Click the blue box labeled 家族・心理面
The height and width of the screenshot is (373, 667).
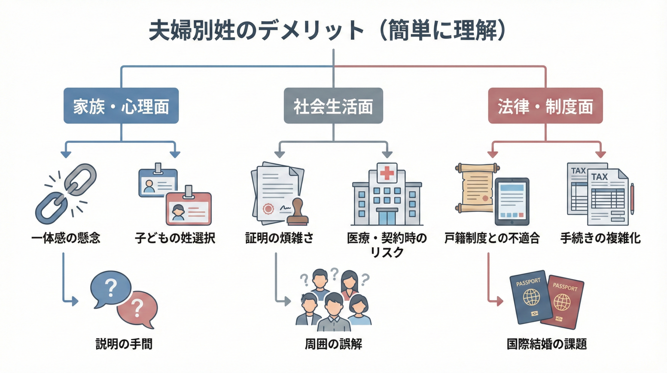point(121,106)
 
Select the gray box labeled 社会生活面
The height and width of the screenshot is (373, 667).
point(333,106)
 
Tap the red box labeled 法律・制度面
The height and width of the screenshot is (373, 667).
point(545,106)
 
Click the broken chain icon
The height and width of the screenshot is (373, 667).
point(66,194)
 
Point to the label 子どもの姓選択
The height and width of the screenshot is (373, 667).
point(175,238)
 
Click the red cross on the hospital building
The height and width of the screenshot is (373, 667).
point(387,173)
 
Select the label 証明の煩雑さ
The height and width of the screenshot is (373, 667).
point(279,238)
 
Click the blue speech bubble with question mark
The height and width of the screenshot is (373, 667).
point(111,288)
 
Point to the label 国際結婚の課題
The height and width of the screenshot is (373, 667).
point(547,344)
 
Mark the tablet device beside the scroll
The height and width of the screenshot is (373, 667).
point(512,202)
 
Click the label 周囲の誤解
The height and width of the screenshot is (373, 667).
point(333,344)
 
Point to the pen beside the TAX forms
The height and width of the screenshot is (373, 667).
point(632,199)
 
